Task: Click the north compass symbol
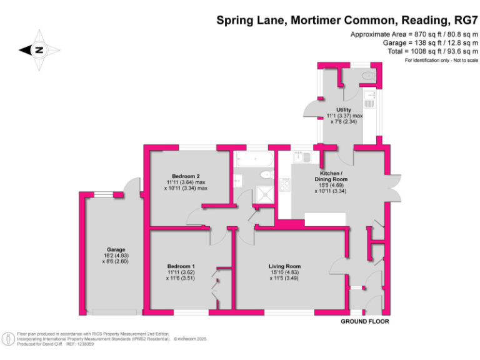click(38, 49)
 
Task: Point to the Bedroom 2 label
click(186, 176)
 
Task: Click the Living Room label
click(285, 266)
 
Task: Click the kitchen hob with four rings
click(286, 185)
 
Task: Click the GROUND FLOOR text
click(364, 321)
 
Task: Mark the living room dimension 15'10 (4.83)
click(285, 272)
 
